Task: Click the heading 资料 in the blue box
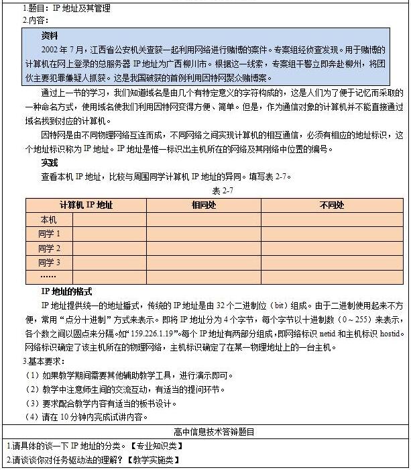pyautogui.click(x=50, y=36)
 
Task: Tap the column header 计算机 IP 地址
pyautogui.click(x=86, y=205)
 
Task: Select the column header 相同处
pyautogui.click(x=202, y=205)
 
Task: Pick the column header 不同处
pyautogui.click(x=331, y=205)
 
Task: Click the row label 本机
pyautogui.click(x=48, y=220)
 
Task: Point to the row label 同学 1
pyautogui.click(x=50, y=234)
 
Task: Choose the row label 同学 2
pyautogui.click(x=50, y=248)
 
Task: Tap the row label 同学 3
pyautogui.click(x=50, y=262)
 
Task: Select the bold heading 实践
pyautogui.click(x=50, y=162)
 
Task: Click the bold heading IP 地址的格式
pyautogui.click(x=67, y=291)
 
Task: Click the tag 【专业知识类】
pyautogui.click(x=156, y=446)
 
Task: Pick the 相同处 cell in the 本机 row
pyautogui.click(x=202, y=220)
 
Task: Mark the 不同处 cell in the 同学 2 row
pyautogui.click(x=331, y=248)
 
